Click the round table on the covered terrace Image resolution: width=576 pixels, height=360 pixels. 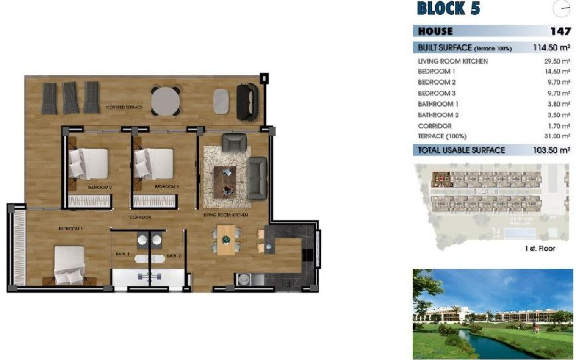pos(166,101)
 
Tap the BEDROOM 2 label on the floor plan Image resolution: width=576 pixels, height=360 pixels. pos(100,187)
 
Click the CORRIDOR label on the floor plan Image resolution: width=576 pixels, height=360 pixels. pos(140,217)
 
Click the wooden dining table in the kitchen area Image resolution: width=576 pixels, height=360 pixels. pos(226,240)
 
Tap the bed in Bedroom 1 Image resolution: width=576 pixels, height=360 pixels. pos(69,265)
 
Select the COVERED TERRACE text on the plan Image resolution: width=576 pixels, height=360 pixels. pos(124,108)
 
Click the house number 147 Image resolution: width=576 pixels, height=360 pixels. pos(560,31)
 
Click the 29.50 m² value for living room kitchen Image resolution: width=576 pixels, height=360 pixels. pos(557,61)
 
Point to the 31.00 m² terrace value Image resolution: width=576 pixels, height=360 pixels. pos(557,136)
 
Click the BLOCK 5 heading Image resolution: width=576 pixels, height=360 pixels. pos(449,8)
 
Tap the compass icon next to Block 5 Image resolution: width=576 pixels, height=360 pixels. pos(562,8)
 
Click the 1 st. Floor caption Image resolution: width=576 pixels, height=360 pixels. pos(540,249)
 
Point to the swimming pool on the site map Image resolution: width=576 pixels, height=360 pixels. pos(520,233)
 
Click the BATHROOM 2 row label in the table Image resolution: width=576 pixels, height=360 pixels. pos(438,115)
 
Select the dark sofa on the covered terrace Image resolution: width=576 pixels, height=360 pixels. pos(247,101)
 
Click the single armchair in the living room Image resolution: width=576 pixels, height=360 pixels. pos(234,142)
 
